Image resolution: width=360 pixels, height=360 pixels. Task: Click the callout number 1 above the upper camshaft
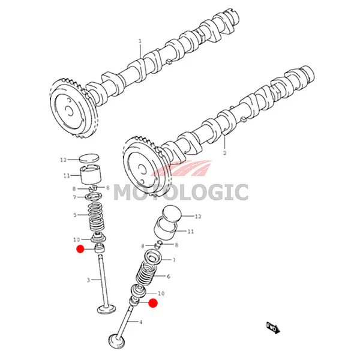140,41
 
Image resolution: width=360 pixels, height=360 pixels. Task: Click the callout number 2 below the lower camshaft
224,152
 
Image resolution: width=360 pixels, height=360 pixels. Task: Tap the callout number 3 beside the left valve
88,280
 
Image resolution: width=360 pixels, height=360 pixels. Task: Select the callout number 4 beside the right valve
141,322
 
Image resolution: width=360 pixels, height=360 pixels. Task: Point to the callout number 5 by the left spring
75,215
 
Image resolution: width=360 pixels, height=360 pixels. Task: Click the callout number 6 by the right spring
168,277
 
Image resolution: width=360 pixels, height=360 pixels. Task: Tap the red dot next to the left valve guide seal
80,249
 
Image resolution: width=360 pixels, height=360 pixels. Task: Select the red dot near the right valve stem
153,303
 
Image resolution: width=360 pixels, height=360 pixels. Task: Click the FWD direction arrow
274,328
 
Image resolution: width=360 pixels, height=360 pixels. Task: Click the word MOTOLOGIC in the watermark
181,193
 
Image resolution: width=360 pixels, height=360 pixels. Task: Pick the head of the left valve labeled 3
106,310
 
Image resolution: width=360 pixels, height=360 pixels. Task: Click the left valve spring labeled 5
96,217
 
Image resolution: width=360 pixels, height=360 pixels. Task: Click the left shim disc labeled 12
89,158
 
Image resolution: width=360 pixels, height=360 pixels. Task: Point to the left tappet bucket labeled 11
91,175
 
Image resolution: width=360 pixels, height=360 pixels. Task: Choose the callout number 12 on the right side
198,216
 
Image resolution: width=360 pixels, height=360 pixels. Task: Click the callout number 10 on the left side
76,239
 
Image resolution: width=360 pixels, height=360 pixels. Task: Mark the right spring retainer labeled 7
154,257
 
